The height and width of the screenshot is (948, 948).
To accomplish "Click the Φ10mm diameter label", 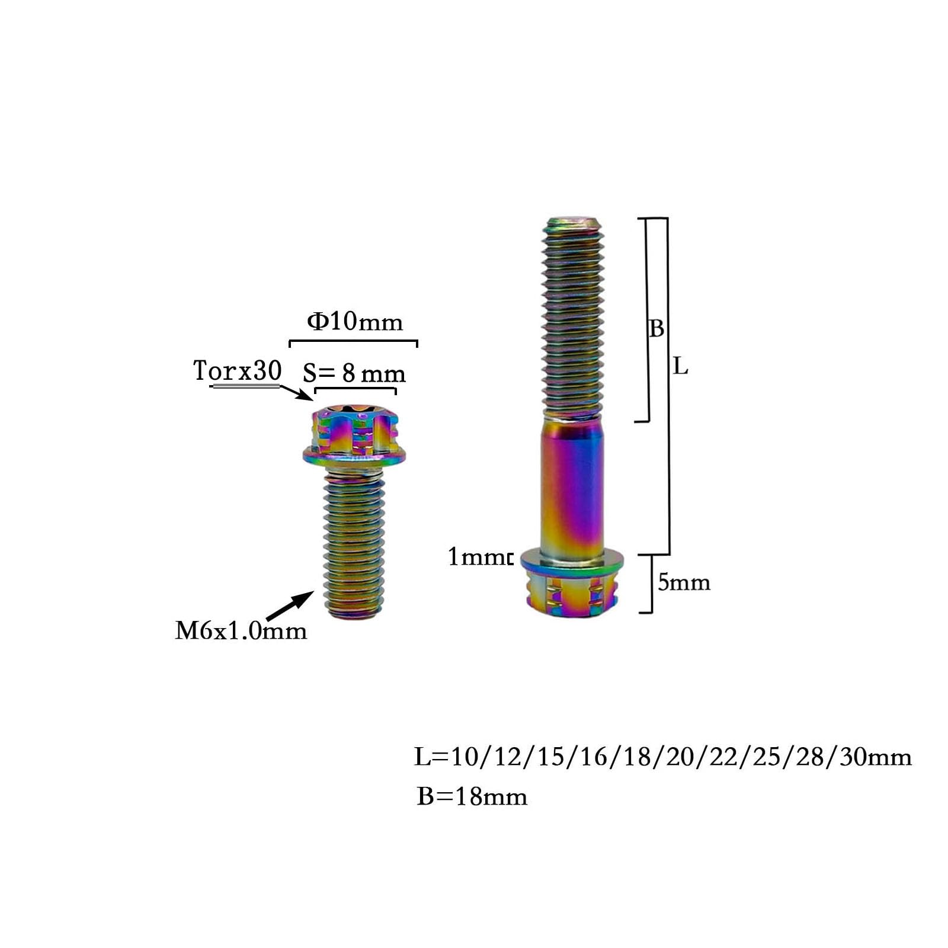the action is click(x=354, y=322).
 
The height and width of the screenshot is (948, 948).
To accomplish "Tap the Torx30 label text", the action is click(x=237, y=370).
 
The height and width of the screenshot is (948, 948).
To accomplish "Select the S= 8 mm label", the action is click(x=354, y=373).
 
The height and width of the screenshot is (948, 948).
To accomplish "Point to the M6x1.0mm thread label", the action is click(x=241, y=630).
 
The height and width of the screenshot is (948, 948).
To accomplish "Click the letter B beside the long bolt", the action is click(x=656, y=328).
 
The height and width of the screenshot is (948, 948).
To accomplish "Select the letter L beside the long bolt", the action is click(x=680, y=367).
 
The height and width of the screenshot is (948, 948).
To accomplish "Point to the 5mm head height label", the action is click(x=684, y=582).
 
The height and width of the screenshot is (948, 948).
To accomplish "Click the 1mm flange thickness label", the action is click(x=479, y=557).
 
